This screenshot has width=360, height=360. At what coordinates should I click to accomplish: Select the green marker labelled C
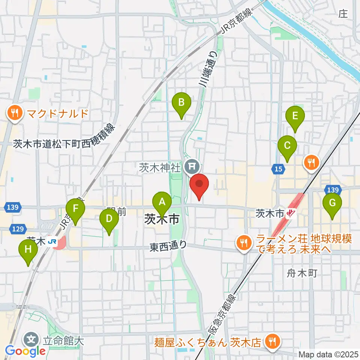click(x=287, y=145)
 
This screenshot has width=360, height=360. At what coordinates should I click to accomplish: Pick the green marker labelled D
click(x=109, y=219)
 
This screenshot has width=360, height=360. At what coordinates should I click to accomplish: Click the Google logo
click(x=25, y=351)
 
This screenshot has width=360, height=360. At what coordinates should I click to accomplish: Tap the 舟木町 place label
click(x=298, y=273)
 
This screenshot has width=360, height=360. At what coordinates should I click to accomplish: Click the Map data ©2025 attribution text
click(x=328, y=354)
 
